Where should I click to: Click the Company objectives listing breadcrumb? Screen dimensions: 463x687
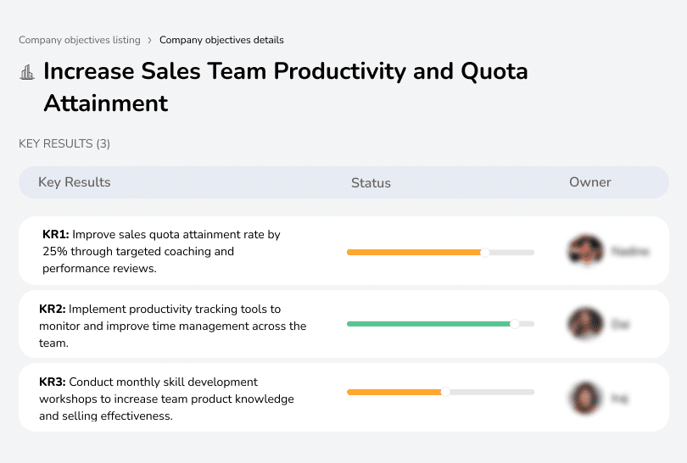pyautogui.click(x=80, y=40)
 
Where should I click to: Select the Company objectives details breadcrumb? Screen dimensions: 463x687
pyautogui.click(x=221, y=40)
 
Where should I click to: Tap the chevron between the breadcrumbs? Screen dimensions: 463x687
pyautogui.click(x=150, y=40)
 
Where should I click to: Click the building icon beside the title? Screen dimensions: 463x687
pyautogui.click(x=27, y=72)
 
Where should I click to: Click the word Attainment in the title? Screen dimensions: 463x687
pyautogui.click(x=106, y=103)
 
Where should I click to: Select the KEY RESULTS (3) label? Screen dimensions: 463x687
pyautogui.click(x=64, y=144)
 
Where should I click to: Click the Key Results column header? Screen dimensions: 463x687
pyautogui.click(x=74, y=182)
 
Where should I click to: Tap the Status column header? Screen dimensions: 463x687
pyautogui.click(x=371, y=182)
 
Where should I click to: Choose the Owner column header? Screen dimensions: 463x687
pyautogui.click(x=590, y=182)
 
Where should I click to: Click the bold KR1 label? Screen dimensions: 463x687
pyautogui.click(x=56, y=234)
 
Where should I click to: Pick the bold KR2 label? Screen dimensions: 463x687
pyautogui.click(x=53, y=309)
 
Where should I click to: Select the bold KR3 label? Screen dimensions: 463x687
pyautogui.click(x=53, y=382)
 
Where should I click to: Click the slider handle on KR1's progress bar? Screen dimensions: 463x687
pyautogui.click(x=485, y=252)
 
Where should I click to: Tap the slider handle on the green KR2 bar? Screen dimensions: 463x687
pyautogui.click(x=514, y=324)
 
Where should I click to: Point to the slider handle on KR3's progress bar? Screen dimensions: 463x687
pyautogui.click(x=445, y=392)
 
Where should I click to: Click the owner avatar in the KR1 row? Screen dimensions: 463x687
pyautogui.click(x=584, y=251)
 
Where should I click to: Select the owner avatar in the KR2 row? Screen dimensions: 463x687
pyautogui.click(x=584, y=324)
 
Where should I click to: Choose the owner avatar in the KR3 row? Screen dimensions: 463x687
pyautogui.click(x=584, y=397)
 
